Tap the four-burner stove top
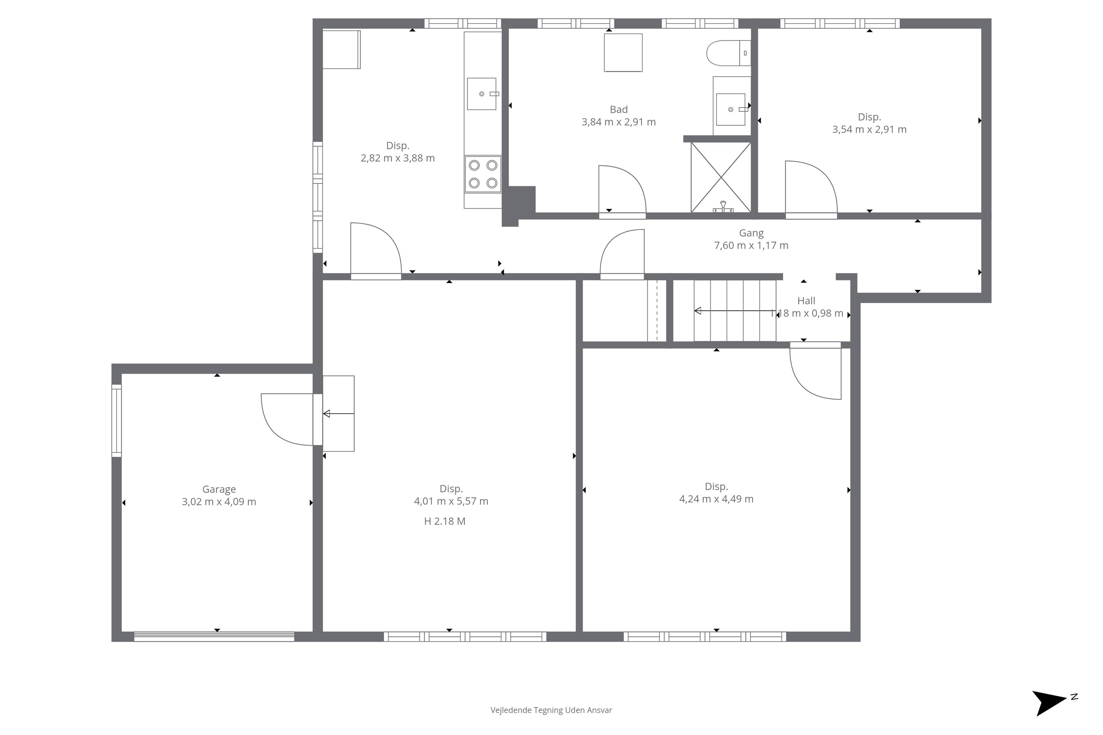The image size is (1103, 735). pos(483,174)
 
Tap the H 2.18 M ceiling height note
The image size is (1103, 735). pos(445,521)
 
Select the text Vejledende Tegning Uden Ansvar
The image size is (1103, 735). pos(551,710)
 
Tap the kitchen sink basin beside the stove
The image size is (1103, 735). pos(482,94)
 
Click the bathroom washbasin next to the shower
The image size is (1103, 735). pos(731,109)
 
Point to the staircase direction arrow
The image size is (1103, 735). pos(734,310)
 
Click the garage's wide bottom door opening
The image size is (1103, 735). pos(214,636)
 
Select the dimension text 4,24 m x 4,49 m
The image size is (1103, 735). pos(716,499)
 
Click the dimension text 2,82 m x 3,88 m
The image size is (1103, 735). pos(398,158)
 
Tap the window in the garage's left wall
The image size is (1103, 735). pos(116,420)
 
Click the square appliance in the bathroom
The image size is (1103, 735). pos(623,53)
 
